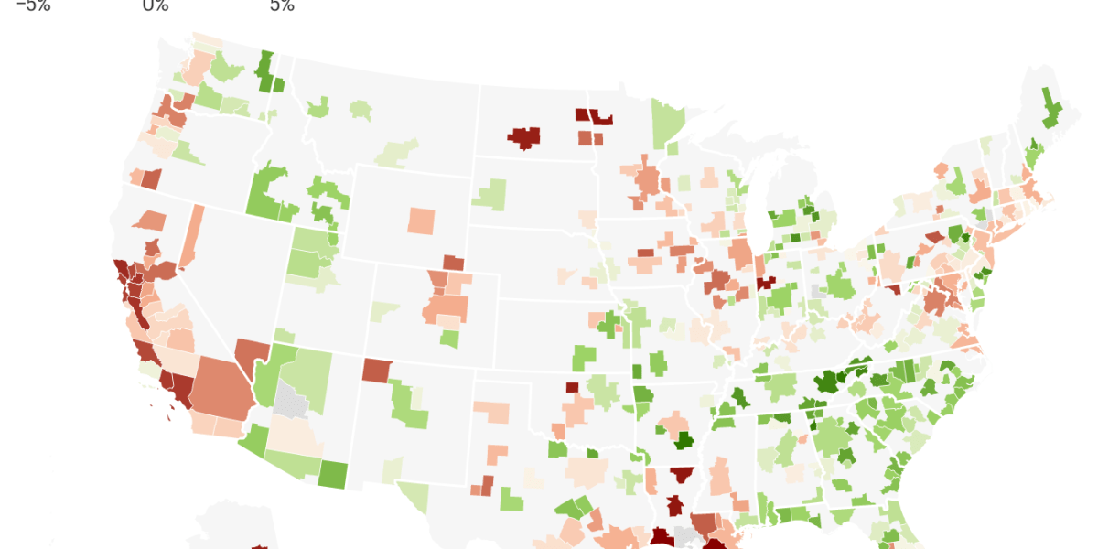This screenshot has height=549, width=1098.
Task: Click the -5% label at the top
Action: [33, 6]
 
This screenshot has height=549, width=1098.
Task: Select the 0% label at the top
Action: [156, 6]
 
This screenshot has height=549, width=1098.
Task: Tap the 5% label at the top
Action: [282, 6]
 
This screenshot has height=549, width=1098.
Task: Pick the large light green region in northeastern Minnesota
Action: [670, 124]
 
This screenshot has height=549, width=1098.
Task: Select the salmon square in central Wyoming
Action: [422, 221]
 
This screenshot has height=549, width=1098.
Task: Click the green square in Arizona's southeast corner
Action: [333, 474]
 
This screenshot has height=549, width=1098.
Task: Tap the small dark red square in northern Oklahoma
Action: [572, 387]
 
